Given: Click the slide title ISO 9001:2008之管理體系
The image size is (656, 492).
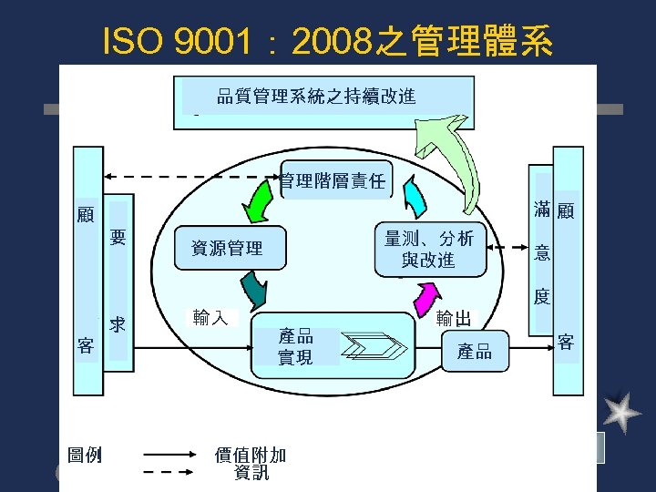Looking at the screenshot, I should coord(328,40).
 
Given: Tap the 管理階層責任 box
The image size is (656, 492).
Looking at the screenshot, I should coord(333,180).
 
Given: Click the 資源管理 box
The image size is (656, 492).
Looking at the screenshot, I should coord(228,248).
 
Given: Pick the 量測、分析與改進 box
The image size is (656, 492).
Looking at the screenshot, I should coord(429,249).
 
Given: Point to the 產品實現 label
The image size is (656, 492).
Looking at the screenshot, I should coord(295,347).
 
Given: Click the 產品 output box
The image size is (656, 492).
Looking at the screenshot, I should coord(475,353).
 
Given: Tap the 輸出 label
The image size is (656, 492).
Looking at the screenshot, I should coord(454,318).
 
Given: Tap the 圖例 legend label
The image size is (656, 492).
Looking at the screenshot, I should coord(85,454).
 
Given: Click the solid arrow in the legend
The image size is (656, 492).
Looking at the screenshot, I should coord(169,454).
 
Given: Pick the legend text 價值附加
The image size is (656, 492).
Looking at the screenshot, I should coord(250,454).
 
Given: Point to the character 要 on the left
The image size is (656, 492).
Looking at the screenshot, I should coord(118,239).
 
